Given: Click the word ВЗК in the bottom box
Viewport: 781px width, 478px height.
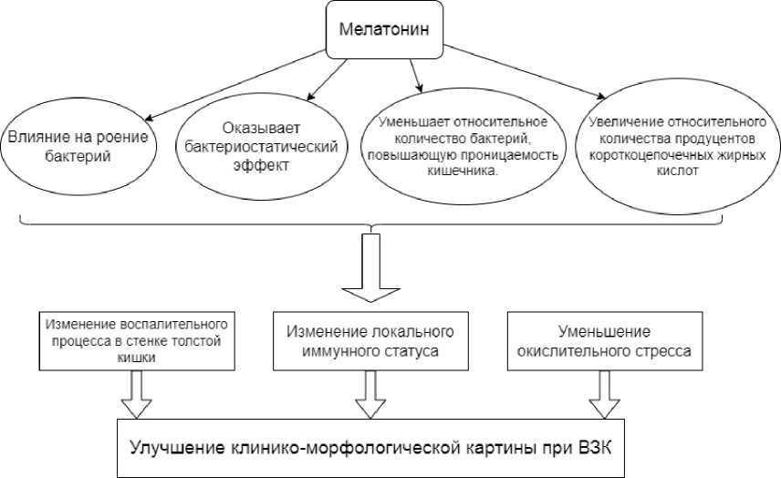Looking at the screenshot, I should click(595, 448).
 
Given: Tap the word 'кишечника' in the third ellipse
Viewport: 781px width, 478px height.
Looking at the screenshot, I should click(463, 171).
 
